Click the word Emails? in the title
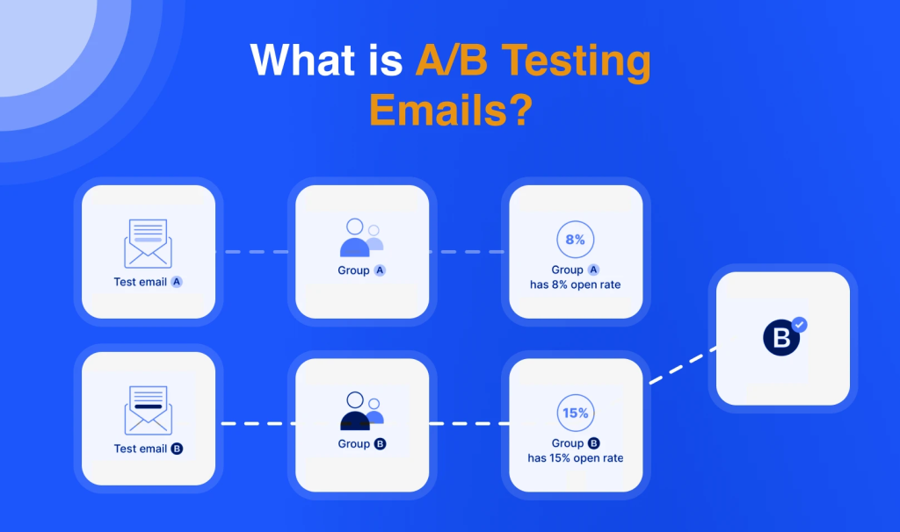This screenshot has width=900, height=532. point(451,110)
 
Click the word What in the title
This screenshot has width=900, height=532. point(302,60)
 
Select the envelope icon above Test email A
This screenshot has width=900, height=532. point(148,244)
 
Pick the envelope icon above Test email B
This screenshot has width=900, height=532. point(148,411)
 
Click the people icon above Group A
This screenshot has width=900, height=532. point(361,237)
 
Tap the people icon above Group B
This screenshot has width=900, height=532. point(361,411)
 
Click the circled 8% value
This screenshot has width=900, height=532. point(575,239)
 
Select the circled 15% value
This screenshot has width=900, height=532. point(575,413)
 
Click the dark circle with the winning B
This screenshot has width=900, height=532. point(781,338)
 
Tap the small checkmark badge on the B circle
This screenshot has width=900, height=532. point(800,325)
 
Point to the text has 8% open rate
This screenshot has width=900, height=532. point(575,284)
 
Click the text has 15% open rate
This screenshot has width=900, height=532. point(575,458)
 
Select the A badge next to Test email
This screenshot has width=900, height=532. point(177,282)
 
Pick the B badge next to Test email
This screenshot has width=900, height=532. point(177,449)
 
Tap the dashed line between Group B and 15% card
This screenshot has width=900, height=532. point(469,424)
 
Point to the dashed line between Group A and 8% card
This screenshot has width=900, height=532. point(467,252)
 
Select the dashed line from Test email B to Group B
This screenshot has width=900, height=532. point(258,424)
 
